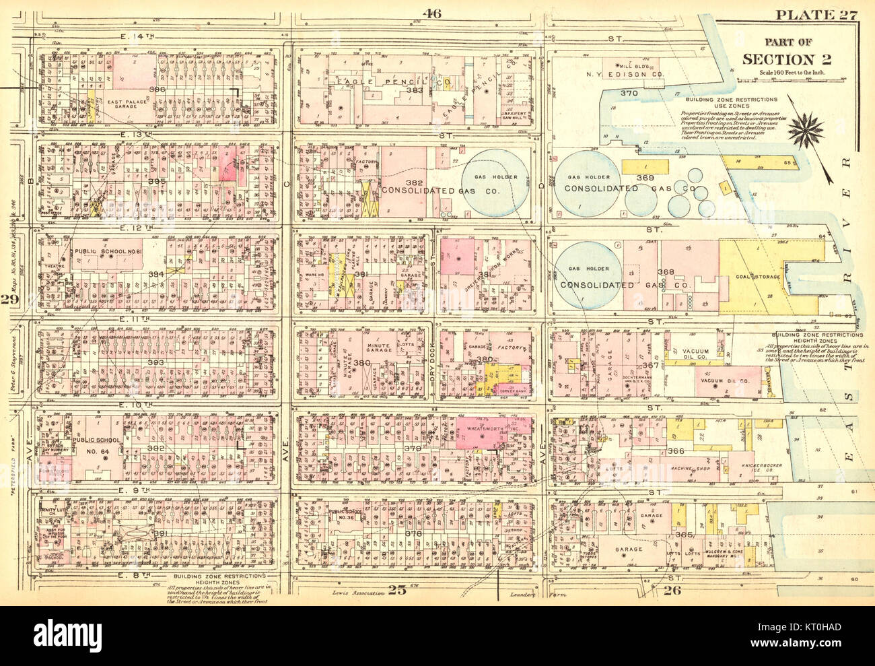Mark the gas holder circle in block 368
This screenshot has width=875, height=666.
[586, 277]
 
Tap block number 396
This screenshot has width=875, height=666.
[157, 90]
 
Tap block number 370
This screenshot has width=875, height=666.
[629, 92]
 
